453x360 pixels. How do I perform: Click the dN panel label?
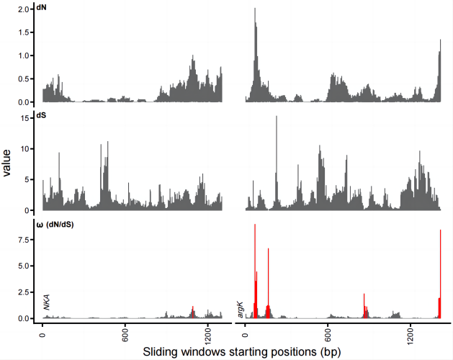point(42,9)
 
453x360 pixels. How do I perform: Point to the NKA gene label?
point(47,302)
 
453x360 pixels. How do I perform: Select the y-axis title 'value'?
point(8,162)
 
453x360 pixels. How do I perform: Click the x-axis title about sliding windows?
point(237,352)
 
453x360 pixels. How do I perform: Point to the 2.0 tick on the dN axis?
point(24,9)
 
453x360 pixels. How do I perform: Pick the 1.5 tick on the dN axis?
point(24,32)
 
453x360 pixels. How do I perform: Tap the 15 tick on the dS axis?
point(26,118)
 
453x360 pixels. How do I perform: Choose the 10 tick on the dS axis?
point(26,149)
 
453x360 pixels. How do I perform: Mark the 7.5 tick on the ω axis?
point(24,240)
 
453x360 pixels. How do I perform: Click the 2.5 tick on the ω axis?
point(24,292)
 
